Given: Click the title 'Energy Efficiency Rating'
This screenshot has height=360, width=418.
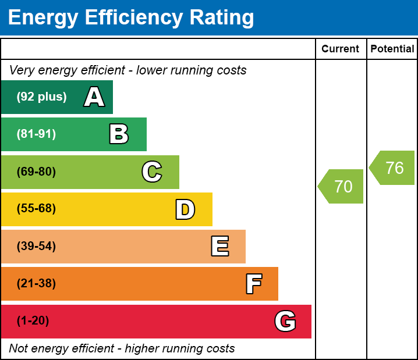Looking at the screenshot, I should tap(131, 18).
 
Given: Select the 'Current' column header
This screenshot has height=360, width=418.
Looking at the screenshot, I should tap(341, 49).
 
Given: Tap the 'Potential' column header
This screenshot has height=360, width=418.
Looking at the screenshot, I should tap(392, 49).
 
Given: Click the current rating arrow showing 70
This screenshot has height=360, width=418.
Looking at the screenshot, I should tap(342, 187).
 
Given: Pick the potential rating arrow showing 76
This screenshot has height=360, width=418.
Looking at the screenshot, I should tap(393, 168).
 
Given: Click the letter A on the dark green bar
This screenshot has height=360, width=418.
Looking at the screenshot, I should tap(94, 97).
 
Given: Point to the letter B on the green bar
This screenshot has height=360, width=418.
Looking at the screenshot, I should tap(119, 134).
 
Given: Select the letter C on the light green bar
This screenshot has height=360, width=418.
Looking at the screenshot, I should tap(152, 172).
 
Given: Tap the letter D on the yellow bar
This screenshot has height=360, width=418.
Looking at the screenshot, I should tap(185, 209).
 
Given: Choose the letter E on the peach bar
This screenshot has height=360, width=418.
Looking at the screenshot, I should tap(219, 247).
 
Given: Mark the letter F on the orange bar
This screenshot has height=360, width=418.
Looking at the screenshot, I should tap(253, 284).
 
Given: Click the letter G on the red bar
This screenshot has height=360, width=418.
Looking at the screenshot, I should tap(285, 321).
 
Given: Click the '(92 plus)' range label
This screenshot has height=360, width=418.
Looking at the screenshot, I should tap(41, 97).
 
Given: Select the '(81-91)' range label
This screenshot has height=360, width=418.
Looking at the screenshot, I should tap(36, 134).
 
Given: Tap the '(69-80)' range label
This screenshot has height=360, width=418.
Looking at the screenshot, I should tap(36, 172).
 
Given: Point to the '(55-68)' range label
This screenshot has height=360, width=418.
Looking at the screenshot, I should tap(36, 209).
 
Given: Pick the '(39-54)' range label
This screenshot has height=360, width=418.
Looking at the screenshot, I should tap(36, 246).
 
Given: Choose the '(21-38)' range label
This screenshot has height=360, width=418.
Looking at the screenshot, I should tap(36, 284).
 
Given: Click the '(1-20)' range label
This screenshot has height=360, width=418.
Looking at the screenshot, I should tap(33, 321).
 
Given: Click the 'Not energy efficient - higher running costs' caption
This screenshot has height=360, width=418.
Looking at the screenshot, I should tap(122, 349).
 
